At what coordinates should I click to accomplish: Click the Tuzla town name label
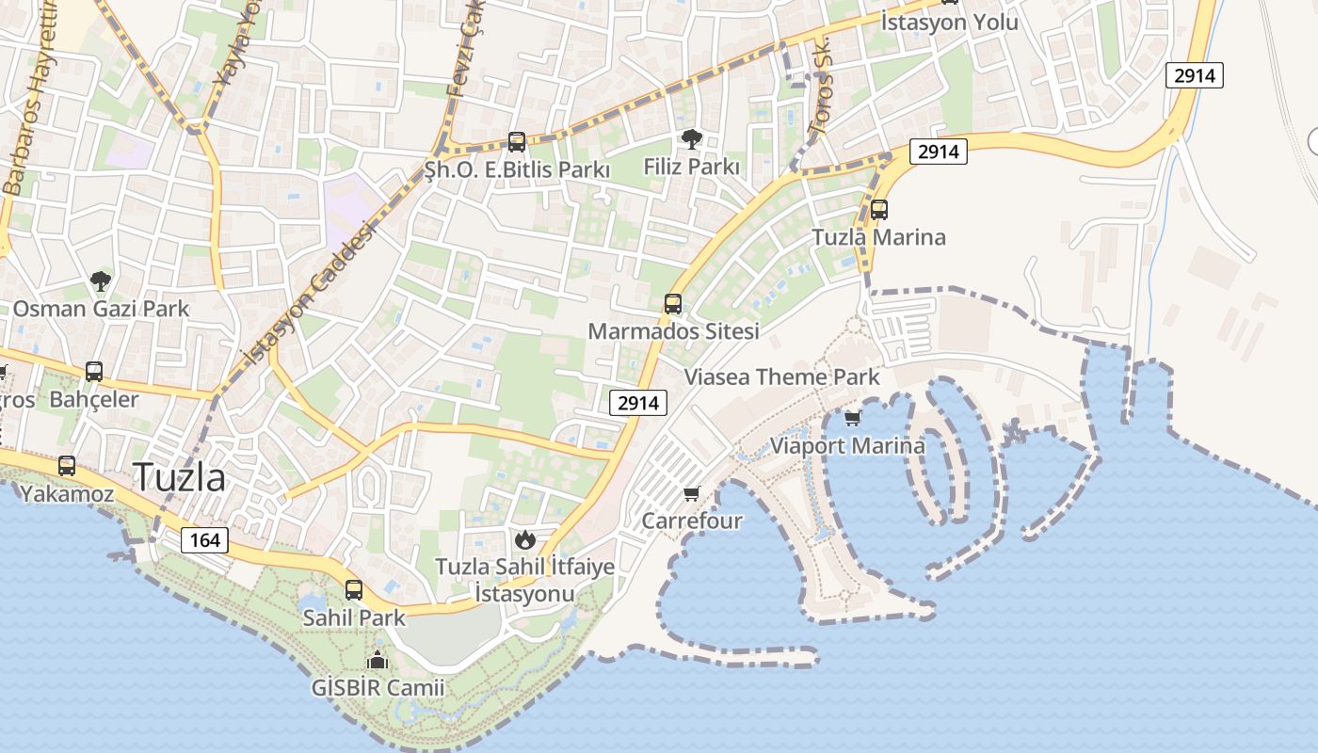point(179,477)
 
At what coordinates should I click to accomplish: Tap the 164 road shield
point(204,539)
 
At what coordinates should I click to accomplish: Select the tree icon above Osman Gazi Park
point(101,280)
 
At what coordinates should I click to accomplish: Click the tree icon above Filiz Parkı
point(692,139)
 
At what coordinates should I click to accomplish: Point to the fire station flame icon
point(524,539)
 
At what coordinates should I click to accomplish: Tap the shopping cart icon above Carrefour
point(692,493)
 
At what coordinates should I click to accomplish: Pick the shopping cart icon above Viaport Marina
point(853,418)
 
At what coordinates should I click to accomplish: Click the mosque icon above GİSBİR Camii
point(378,660)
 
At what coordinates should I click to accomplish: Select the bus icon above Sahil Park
point(354,590)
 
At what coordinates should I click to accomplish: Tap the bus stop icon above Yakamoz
point(67,465)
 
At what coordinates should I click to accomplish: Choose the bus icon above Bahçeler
point(94,371)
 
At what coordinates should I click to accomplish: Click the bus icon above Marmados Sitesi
point(673,303)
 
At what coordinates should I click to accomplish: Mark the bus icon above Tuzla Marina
point(879,209)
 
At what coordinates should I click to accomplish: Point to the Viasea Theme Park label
point(781,377)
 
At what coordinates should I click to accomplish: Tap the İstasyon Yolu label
point(949,22)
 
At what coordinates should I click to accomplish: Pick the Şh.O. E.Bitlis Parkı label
point(517,170)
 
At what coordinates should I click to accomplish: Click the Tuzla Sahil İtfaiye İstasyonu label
point(524,580)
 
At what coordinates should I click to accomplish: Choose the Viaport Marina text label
point(848,445)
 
